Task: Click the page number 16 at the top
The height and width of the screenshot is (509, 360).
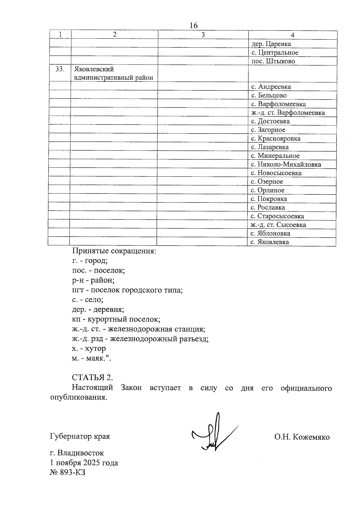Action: (194, 25)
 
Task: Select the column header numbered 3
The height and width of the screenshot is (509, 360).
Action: (203, 35)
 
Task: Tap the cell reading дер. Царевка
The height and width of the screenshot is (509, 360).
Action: (271, 44)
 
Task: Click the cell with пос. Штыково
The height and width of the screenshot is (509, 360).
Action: (273, 61)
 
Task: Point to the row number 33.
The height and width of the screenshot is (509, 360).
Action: (60, 69)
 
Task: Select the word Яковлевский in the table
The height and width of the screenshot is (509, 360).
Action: (94, 69)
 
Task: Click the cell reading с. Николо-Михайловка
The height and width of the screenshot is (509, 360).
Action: (286, 164)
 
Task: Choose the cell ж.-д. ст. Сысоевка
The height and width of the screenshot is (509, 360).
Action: (278, 225)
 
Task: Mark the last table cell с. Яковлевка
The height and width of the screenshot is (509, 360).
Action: (270, 242)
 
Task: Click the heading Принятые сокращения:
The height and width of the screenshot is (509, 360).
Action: (114, 251)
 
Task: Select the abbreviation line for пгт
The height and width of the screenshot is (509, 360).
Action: (127, 290)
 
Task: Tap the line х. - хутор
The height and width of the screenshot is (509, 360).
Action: (89, 349)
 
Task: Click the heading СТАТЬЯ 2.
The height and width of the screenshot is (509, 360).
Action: (92, 377)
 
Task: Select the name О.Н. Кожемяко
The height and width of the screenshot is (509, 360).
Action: (302, 437)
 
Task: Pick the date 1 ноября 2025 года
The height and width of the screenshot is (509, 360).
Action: (84, 463)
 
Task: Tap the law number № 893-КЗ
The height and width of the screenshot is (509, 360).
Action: (67, 472)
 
